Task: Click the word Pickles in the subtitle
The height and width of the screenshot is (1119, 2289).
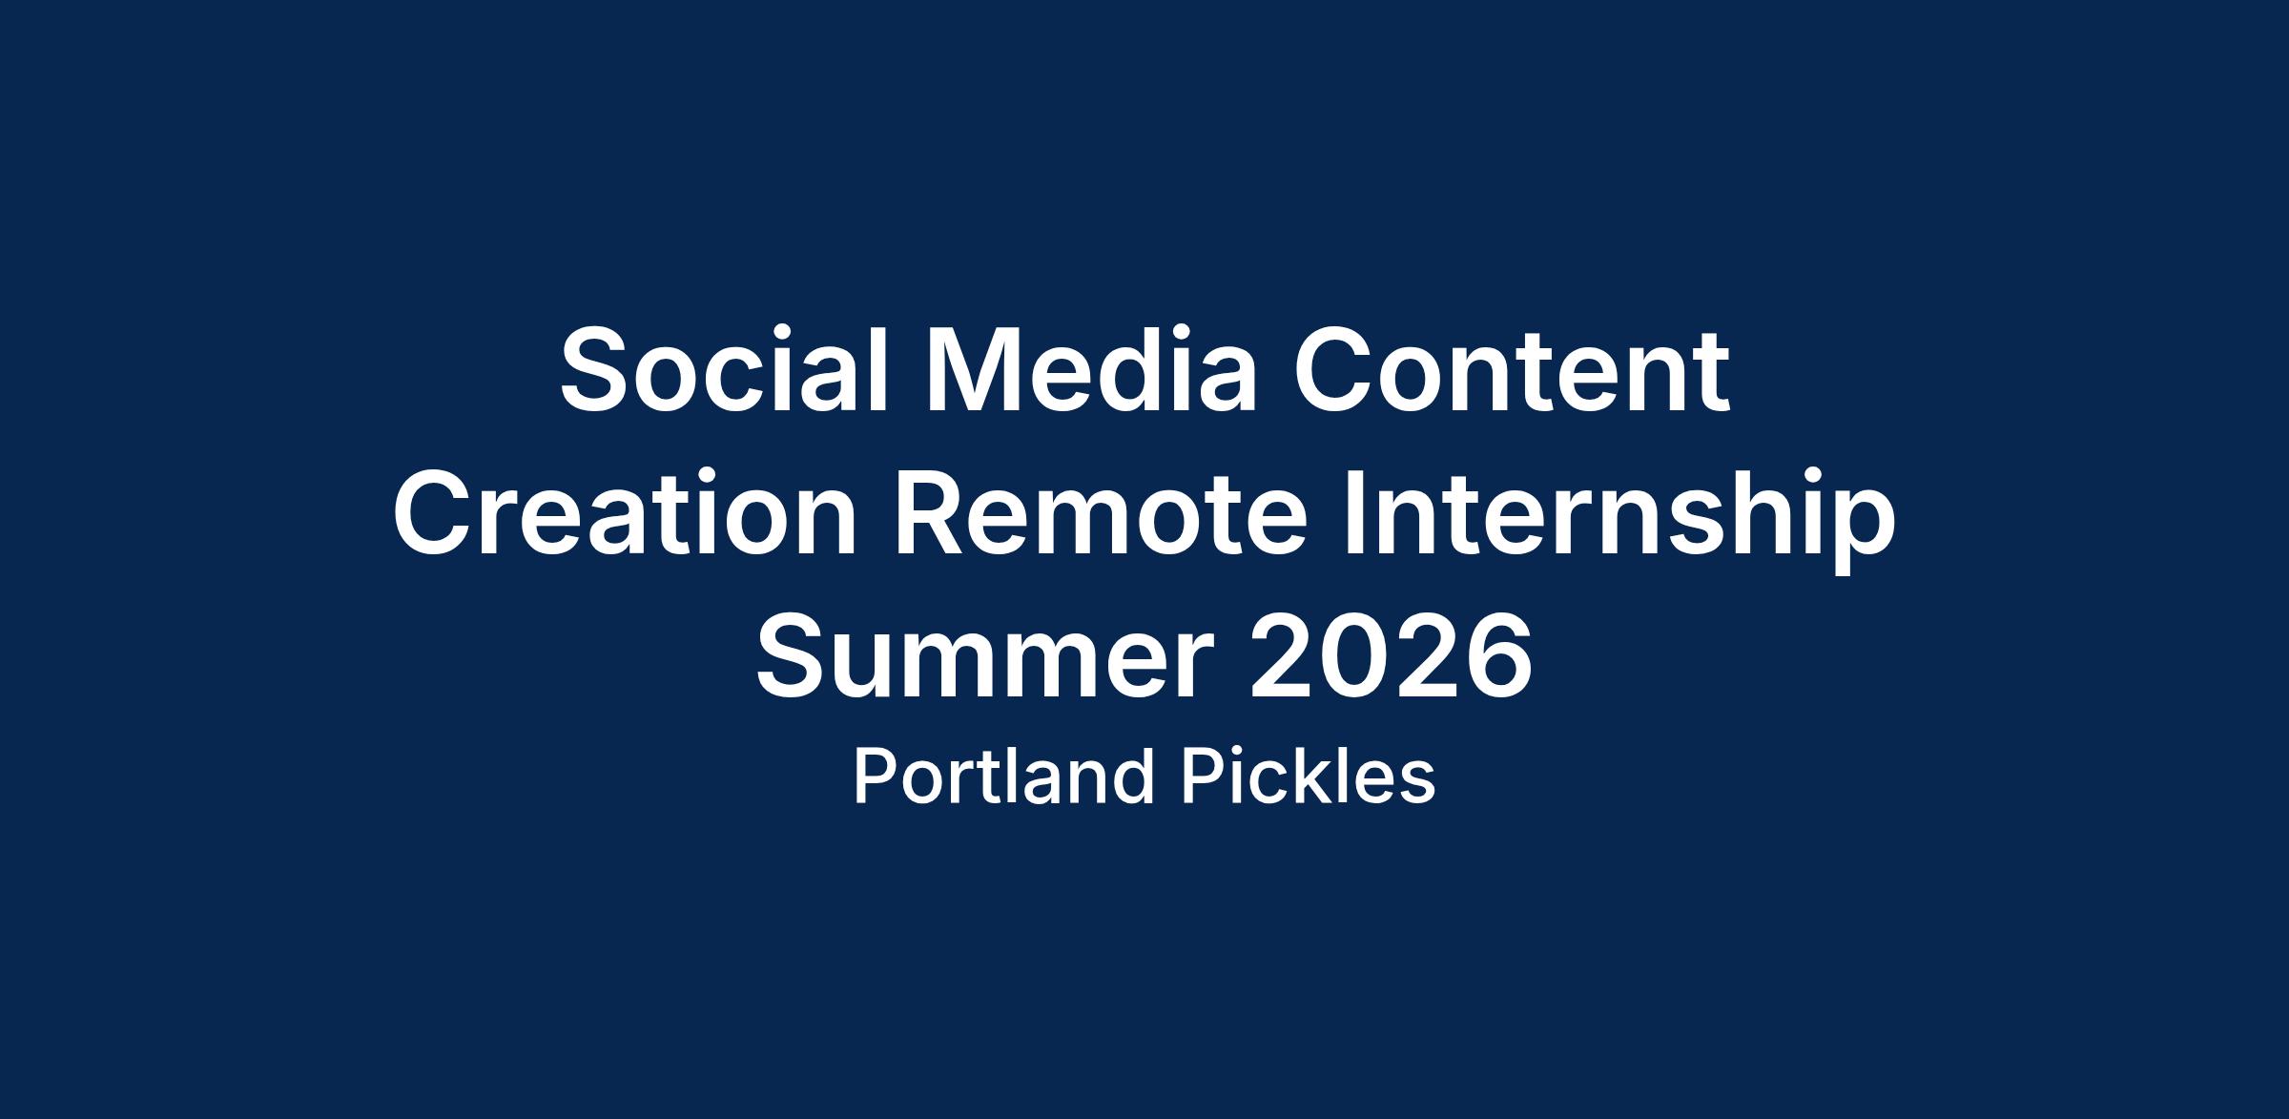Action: pos(1309,777)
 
